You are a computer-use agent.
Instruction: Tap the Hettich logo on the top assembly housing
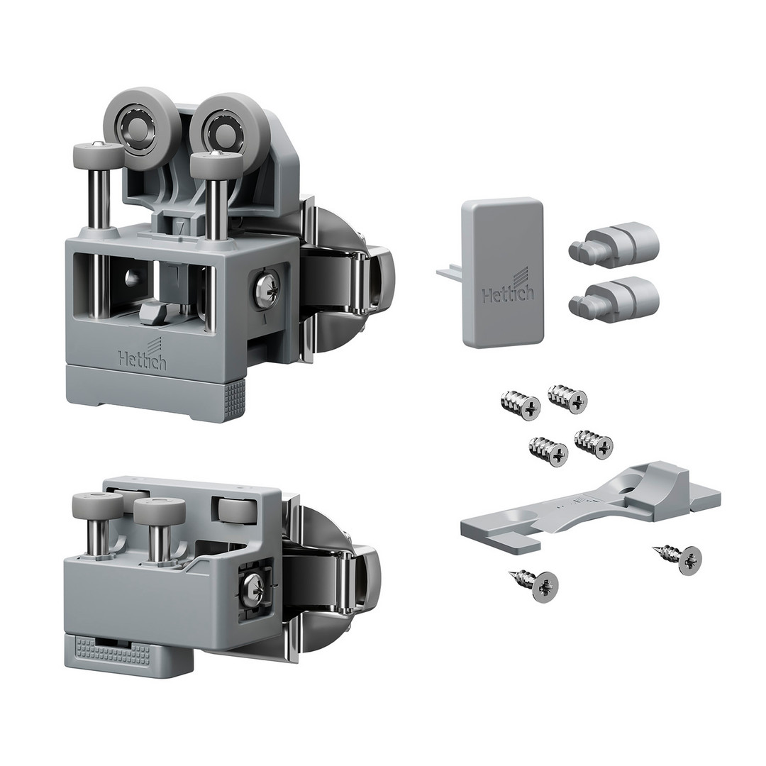tap(142, 356)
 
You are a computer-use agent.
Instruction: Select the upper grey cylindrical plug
tap(614, 243)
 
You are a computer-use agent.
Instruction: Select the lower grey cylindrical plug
tap(614, 300)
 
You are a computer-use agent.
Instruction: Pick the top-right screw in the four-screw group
tap(567, 399)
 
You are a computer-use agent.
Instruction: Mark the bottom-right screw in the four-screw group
tap(594, 444)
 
